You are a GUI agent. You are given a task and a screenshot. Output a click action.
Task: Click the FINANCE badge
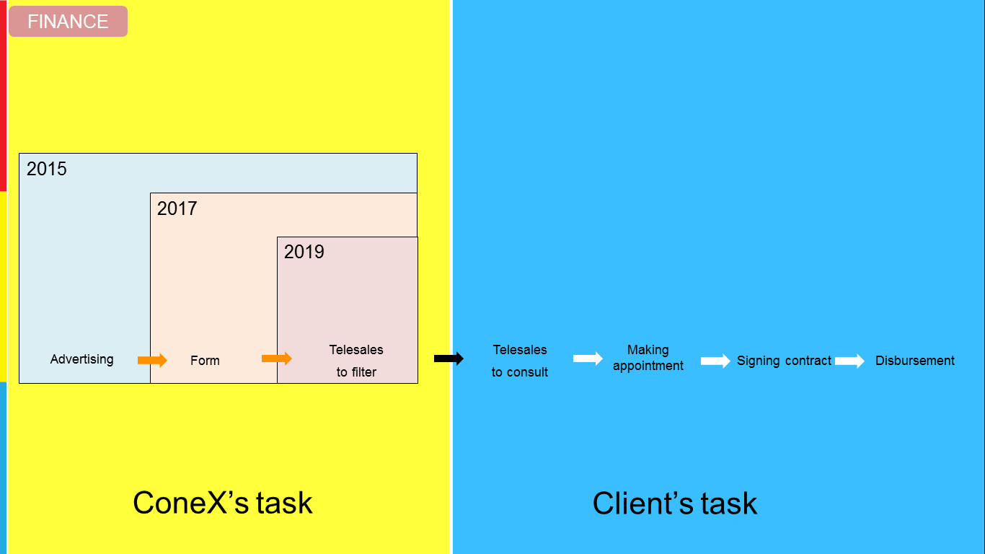tap(69, 21)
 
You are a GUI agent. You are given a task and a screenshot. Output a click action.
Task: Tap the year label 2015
tap(47, 169)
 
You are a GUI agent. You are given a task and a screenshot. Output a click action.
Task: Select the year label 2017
tap(177, 208)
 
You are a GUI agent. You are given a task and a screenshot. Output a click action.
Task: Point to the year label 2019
tap(304, 252)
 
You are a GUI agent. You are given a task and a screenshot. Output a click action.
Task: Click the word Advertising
tap(81, 359)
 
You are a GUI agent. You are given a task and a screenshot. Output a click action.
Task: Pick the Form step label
tap(205, 361)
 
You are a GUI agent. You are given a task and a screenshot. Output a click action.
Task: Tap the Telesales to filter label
tap(356, 361)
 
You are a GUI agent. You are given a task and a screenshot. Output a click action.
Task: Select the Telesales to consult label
tap(520, 361)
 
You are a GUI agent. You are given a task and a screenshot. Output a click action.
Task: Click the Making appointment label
tap(648, 358)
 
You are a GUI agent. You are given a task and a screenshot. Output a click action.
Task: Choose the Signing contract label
tap(784, 361)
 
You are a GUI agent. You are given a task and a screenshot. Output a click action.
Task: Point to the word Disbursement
tap(914, 361)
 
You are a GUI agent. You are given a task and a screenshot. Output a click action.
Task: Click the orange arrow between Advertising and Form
tap(152, 361)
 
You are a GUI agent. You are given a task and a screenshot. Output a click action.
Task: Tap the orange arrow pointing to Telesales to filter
tap(277, 359)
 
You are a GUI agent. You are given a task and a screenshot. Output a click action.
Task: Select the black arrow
tap(449, 359)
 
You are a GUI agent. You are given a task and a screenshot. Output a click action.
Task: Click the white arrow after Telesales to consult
tap(588, 359)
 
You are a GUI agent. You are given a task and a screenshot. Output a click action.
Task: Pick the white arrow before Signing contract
tap(715, 361)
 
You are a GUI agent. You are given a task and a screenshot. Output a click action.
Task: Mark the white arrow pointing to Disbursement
tap(849, 361)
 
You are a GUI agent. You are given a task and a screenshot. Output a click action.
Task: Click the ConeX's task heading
tap(223, 503)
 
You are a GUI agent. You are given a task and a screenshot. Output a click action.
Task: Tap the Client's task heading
tap(674, 503)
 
